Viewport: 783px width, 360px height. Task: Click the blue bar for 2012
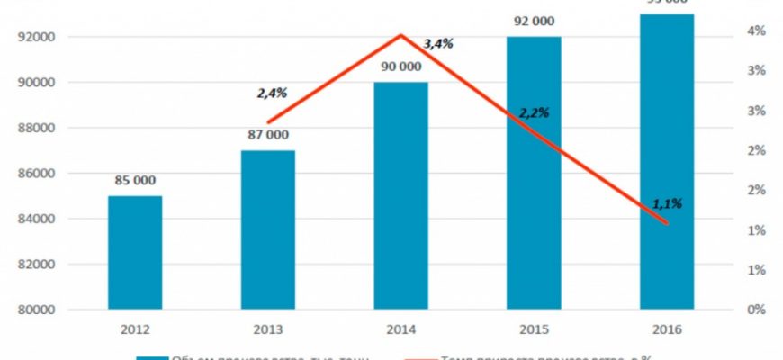(x=135, y=253)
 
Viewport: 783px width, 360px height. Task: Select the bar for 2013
(x=267, y=230)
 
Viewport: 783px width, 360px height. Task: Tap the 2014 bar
(x=400, y=196)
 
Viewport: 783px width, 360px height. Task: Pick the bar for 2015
(x=534, y=174)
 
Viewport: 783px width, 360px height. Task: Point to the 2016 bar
(x=667, y=162)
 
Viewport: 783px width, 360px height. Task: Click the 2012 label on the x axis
(x=135, y=329)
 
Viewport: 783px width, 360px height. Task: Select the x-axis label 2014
(x=400, y=329)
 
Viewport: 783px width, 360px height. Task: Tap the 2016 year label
(x=667, y=329)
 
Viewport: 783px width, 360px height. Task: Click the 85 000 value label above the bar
(x=136, y=180)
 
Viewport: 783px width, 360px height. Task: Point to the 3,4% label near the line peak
(x=438, y=42)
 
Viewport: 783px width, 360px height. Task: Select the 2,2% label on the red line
(x=534, y=113)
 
